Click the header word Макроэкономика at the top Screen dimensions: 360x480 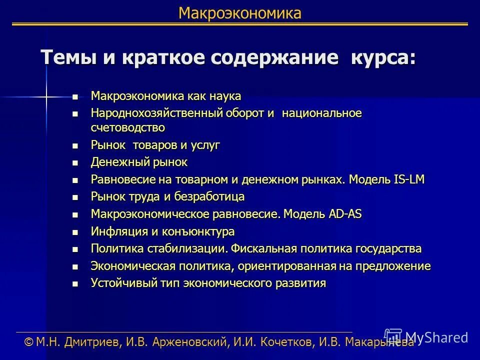(x=240, y=13)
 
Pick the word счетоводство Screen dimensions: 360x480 (x=128, y=127)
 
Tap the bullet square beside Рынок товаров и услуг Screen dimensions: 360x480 (x=75, y=146)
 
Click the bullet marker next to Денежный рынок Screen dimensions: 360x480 (x=75, y=162)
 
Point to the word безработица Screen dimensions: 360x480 (x=212, y=196)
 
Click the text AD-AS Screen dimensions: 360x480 (x=345, y=214)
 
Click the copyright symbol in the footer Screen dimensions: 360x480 (x=28, y=342)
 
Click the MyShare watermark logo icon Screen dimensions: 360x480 (x=393, y=335)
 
